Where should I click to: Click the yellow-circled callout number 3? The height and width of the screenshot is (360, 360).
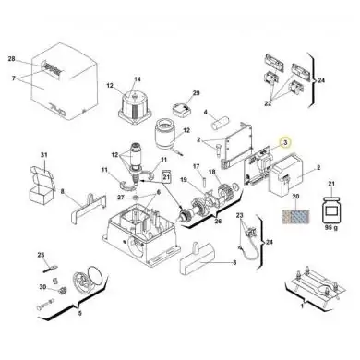coord(285,143)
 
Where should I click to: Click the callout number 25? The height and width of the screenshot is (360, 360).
coord(40,255)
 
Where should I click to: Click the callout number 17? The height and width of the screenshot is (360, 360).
coord(196,166)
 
